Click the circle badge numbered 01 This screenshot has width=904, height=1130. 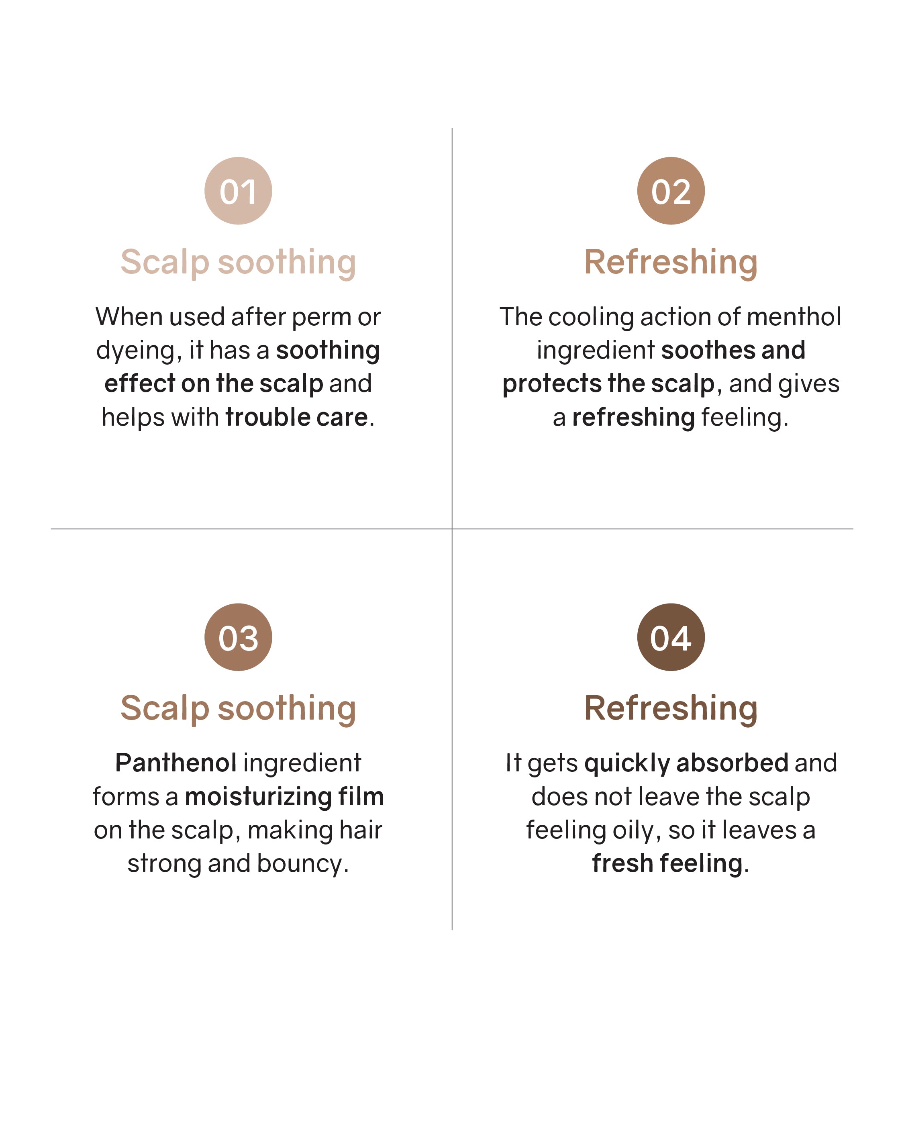coord(238,191)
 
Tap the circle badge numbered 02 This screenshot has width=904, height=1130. coord(671,191)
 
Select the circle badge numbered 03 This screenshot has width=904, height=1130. coord(238,637)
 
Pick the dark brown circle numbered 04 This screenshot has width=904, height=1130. coord(671,637)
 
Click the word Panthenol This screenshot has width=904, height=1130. coord(175,763)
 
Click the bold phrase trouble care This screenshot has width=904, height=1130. coord(297,417)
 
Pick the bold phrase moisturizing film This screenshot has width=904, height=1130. coord(284,797)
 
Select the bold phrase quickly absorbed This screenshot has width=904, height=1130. coord(686,763)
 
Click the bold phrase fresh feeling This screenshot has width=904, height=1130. coord(667,863)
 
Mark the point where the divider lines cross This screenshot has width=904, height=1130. coord(452,529)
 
